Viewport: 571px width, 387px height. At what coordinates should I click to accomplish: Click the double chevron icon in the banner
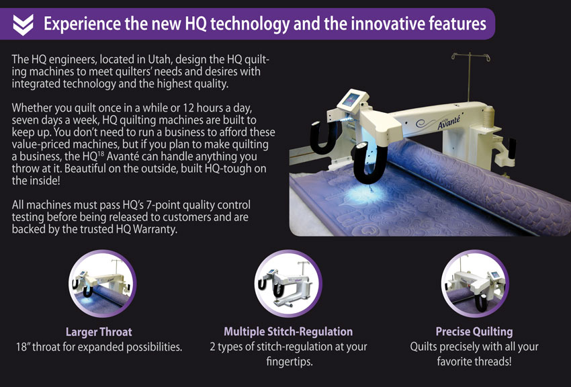(x=23, y=25)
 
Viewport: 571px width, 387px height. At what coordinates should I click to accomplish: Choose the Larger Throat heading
(x=99, y=332)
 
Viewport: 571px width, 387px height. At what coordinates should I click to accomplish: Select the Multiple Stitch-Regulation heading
(x=288, y=332)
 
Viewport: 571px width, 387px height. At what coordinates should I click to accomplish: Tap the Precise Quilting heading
(x=474, y=332)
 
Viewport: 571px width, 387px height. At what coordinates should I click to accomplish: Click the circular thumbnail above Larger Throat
(x=102, y=284)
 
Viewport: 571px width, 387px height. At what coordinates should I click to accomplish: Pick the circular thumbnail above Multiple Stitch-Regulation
(x=288, y=284)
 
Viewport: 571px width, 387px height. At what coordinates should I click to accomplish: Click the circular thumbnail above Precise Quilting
(x=475, y=284)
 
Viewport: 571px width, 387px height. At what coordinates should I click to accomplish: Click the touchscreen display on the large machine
(x=351, y=99)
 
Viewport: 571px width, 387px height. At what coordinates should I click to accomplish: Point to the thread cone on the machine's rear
(x=488, y=116)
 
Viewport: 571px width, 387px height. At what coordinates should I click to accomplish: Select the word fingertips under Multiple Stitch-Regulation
(x=289, y=362)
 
